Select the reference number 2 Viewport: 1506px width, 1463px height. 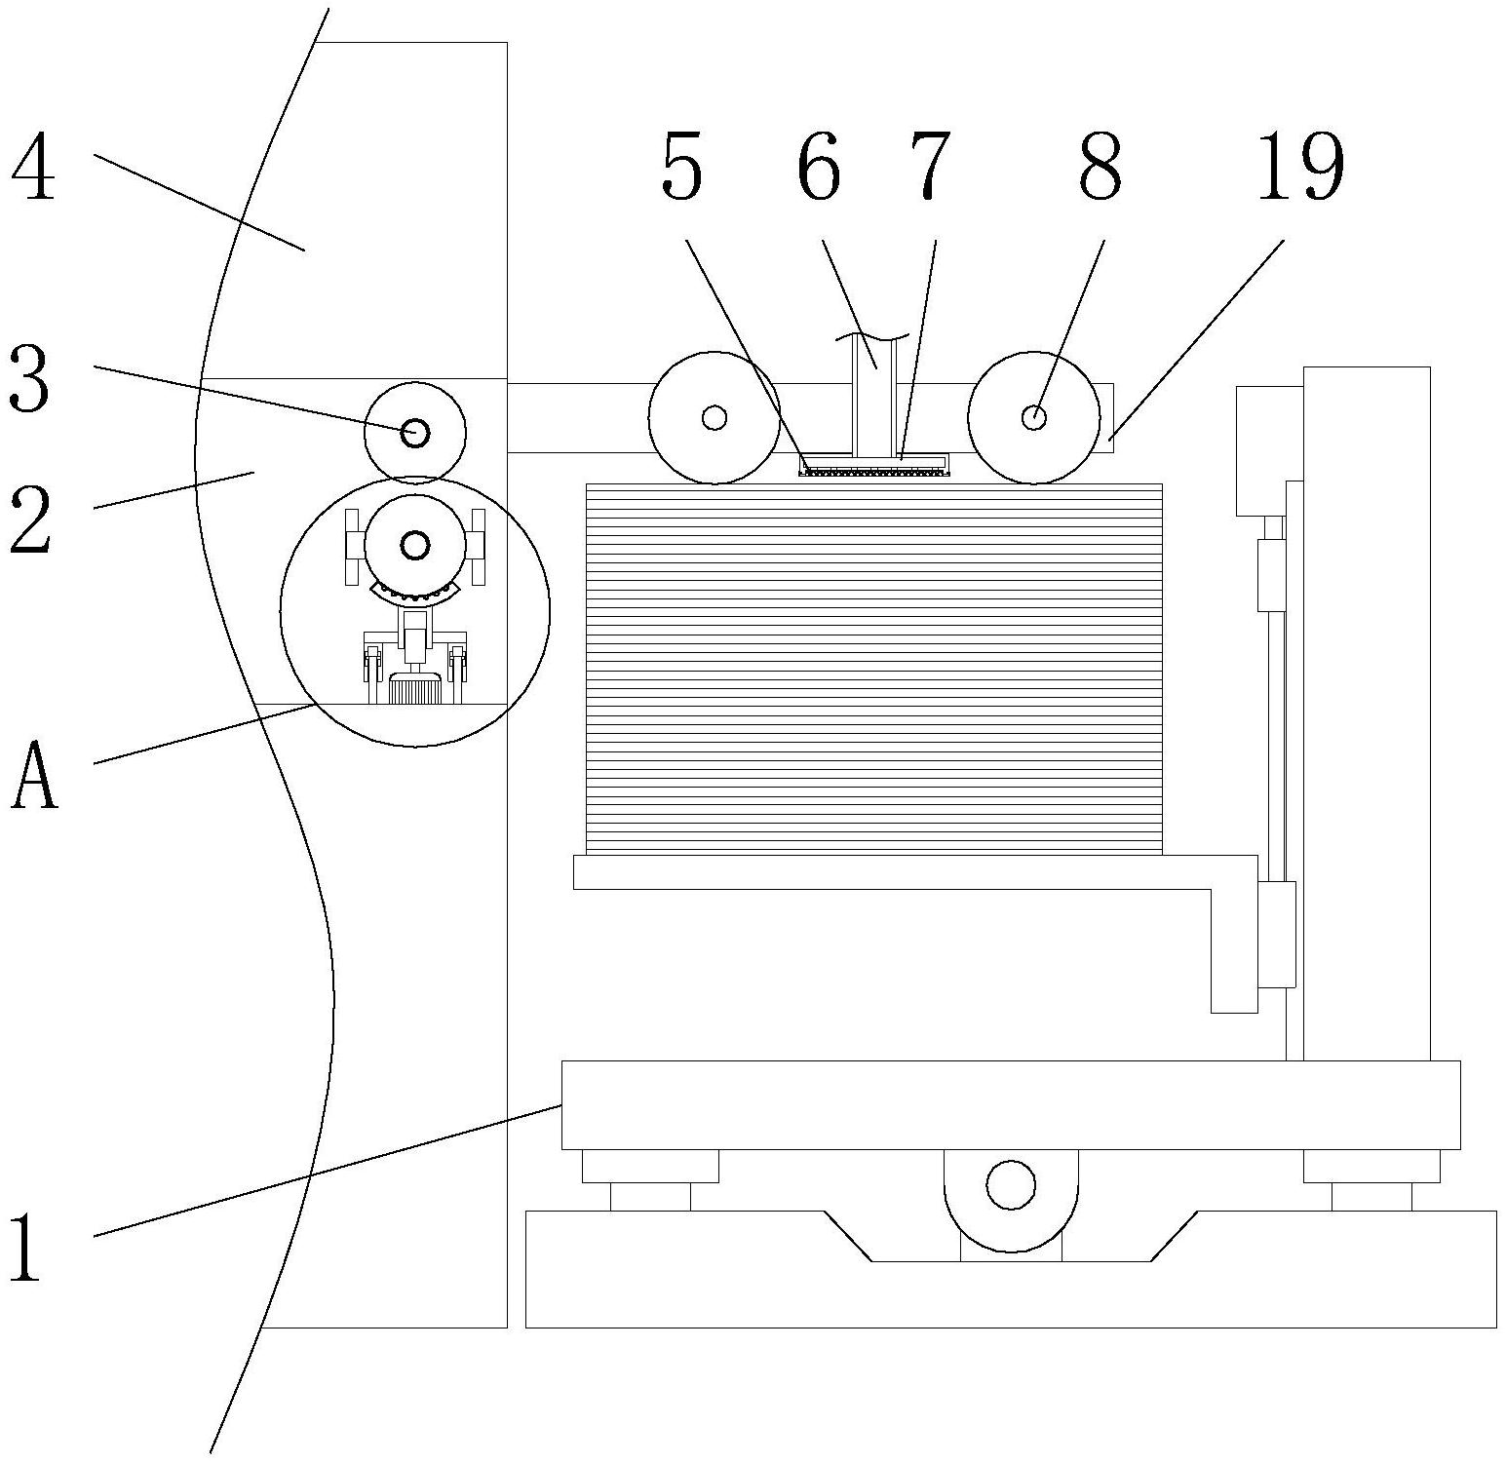[x=30, y=519]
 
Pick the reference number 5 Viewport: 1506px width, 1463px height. [x=681, y=168]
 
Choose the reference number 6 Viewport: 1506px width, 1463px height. [x=818, y=168]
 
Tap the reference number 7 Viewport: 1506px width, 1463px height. [x=930, y=168]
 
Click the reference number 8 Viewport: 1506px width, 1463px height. [x=1101, y=168]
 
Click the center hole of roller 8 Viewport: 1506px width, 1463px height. [x=1033, y=417]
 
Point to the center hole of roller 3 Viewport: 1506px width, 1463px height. [x=415, y=431]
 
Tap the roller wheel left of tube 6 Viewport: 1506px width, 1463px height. [x=714, y=417]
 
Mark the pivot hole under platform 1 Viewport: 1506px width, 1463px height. [x=1011, y=1184]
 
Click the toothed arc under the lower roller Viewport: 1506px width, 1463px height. [x=415, y=593]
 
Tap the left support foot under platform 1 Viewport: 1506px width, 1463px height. [x=650, y=1179]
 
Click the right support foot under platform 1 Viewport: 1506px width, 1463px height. [x=1371, y=1179]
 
